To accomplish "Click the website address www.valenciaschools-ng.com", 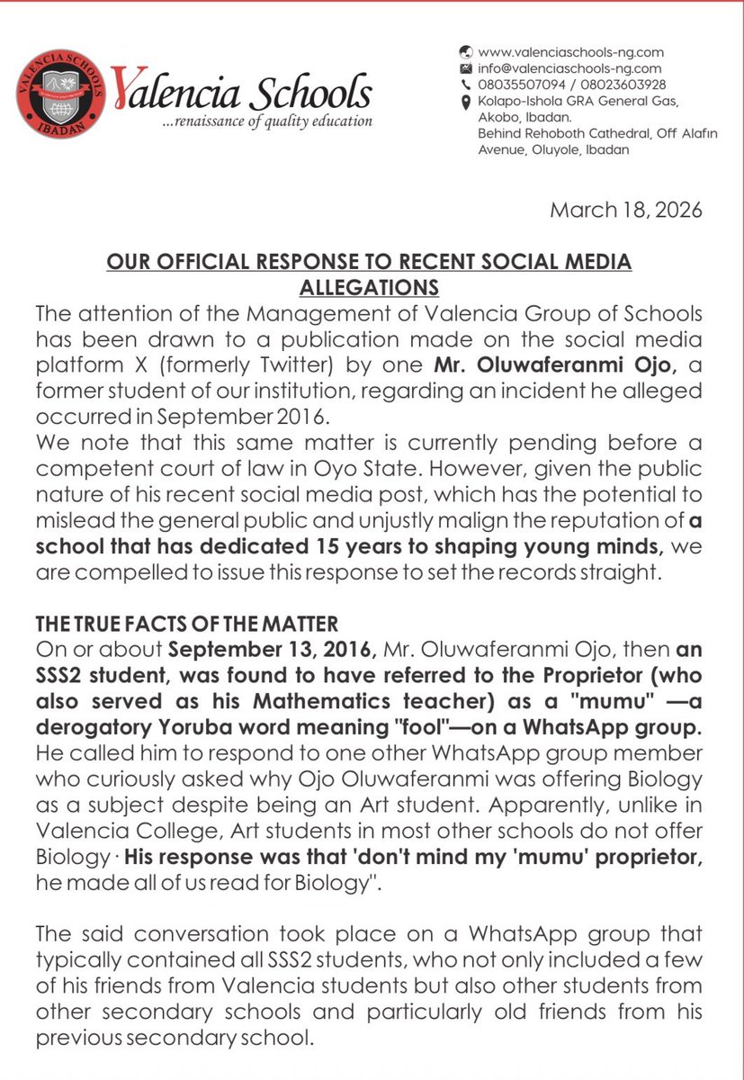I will (570, 52).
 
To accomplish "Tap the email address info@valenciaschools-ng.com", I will (569, 68).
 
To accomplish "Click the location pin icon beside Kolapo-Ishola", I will (465, 102).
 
